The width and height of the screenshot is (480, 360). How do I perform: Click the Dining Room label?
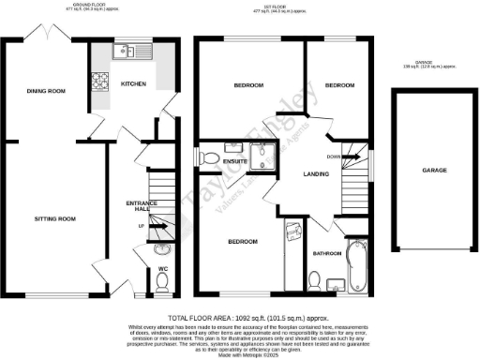point(45,91)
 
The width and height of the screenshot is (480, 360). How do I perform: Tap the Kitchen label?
point(133,84)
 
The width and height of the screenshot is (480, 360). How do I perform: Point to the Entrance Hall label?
point(140,206)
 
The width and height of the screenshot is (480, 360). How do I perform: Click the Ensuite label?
point(234,161)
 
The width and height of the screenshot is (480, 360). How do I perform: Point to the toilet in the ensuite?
point(209,157)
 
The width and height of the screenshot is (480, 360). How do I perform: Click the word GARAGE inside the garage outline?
point(433,172)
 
